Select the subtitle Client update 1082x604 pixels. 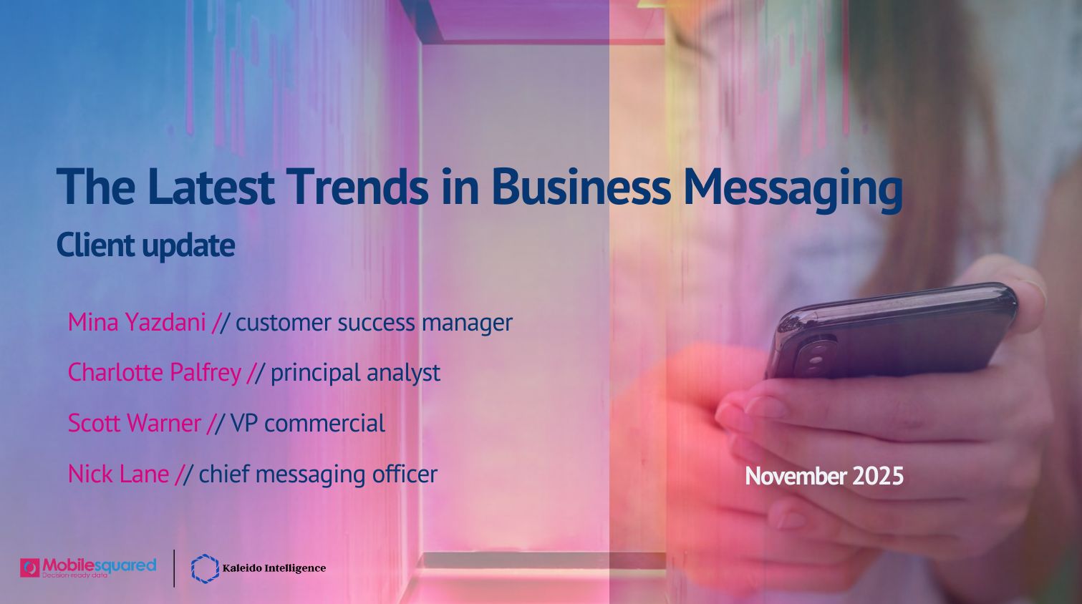[145, 245]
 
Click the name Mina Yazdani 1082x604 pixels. [137, 322]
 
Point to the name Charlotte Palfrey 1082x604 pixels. [154, 372]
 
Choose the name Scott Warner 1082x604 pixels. [135, 423]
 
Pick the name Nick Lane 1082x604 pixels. [118, 474]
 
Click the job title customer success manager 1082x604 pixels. [374, 323]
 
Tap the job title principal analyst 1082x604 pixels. [355, 373]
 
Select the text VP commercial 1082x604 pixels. [308, 423]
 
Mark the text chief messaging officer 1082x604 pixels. [318, 474]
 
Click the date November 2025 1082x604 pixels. [824, 476]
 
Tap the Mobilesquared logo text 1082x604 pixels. [99, 565]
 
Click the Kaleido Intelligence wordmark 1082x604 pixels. [274, 568]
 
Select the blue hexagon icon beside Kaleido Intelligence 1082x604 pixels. [205, 568]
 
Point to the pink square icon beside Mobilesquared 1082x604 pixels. [30, 568]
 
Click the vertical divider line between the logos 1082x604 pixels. [174, 568]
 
